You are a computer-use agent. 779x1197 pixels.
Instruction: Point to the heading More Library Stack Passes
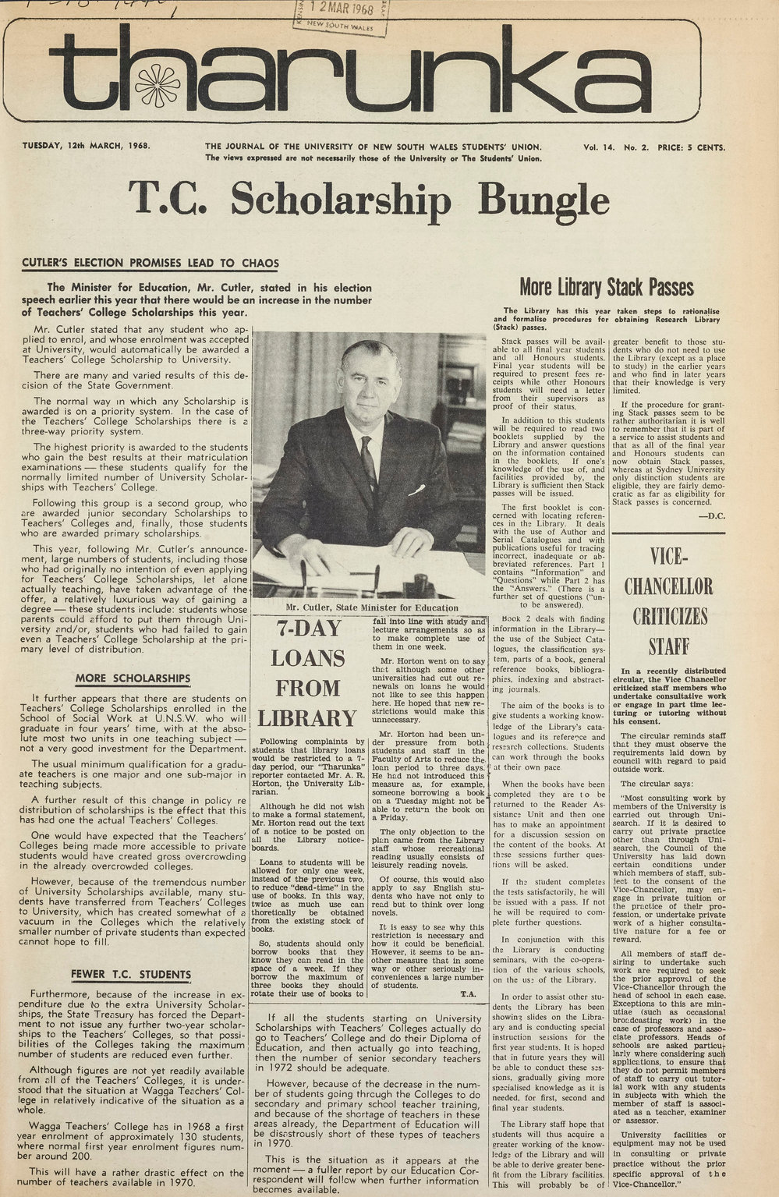click(606, 287)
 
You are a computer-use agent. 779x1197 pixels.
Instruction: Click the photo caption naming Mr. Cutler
click(372, 607)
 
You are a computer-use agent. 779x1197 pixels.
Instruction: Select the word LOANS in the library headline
click(307, 658)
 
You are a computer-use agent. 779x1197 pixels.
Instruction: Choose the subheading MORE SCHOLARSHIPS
click(133, 678)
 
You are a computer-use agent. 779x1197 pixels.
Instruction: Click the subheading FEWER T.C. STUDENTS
click(130, 974)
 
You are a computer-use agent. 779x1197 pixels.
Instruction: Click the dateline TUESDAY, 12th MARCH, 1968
click(86, 146)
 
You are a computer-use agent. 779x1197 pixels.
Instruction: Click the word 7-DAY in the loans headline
click(307, 629)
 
